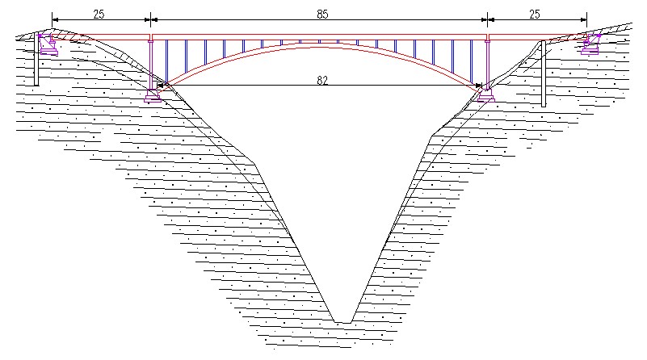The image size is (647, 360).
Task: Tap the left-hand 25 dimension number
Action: coord(98,13)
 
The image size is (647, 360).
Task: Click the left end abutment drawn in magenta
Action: coord(48,44)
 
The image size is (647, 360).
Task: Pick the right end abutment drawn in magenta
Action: coord(591,44)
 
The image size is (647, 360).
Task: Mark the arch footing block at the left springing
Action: coord(152,97)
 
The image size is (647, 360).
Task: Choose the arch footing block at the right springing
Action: coord(485,96)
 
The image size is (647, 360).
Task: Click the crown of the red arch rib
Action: coord(319,41)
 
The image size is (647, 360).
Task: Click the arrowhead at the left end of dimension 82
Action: coord(161,85)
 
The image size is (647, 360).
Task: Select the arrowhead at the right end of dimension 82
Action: coord(478,85)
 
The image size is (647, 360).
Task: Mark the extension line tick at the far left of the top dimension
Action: coord(53,18)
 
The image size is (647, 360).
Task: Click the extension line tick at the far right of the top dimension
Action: coord(586,18)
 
